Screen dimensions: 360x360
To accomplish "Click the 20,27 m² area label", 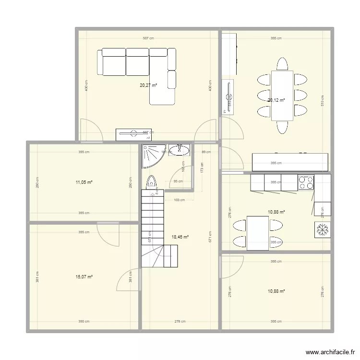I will click(148, 85).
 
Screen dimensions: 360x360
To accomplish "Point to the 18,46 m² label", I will click(180, 237).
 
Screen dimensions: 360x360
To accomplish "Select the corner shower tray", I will click(152, 156).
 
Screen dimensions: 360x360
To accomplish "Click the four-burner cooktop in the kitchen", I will click(306, 182).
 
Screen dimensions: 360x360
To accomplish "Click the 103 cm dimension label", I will click(180, 200).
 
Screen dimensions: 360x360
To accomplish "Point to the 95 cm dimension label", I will click(178, 182).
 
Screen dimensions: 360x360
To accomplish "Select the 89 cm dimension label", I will click(205, 152).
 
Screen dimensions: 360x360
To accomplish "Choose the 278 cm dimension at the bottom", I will click(180, 322).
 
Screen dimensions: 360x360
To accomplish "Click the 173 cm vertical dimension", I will click(202, 168).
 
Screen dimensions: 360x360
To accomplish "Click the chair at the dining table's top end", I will click(282, 64).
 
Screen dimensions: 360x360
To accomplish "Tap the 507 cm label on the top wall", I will click(148, 38).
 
